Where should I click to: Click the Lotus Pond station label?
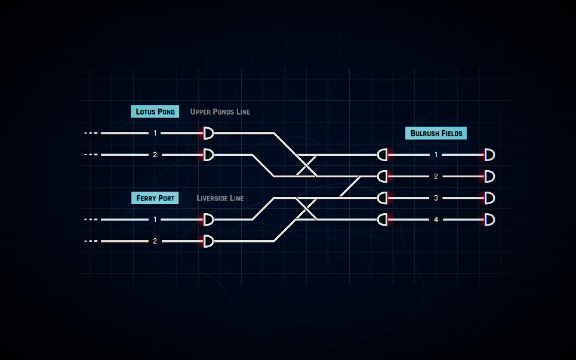pyautogui.click(x=155, y=112)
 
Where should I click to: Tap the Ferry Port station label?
pyautogui.click(x=155, y=198)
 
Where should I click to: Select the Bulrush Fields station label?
pyautogui.click(x=436, y=133)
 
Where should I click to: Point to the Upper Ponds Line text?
pyautogui.click(x=220, y=112)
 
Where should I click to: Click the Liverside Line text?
pyautogui.click(x=220, y=198)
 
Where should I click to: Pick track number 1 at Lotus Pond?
pyautogui.click(x=155, y=133)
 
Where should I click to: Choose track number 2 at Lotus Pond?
pyautogui.click(x=155, y=155)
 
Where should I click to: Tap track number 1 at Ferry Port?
pyautogui.click(x=155, y=220)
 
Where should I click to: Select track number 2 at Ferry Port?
pyautogui.click(x=155, y=241)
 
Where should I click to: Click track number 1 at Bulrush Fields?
pyautogui.click(x=436, y=155)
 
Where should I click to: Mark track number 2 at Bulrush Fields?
pyautogui.click(x=436, y=176)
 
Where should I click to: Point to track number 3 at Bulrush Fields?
pyautogui.click(x=436, y=198)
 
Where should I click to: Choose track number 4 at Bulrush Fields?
pyautogui.click(x=436, y=220)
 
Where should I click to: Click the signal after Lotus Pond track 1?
pyautogui.click(x=208, y=133)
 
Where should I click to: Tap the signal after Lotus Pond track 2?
pyautogui.click(x=208, y=155)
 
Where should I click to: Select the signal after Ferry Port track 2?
pyautogui.click(x=208, y=241)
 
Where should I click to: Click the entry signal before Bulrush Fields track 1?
pyautogui.click(x=383, y=155)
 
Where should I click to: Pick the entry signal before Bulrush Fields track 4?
pyautogui.click(x=383, y=220)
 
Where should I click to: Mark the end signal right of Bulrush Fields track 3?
pyautogui.click(x=489, y=198)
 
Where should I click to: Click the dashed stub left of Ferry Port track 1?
pyautogui.click(x=91, y=220)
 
